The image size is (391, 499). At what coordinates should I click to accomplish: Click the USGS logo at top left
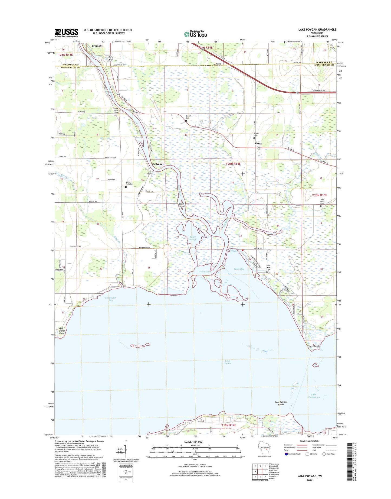point(67,33)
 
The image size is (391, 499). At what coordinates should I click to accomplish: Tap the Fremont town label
point(97,46)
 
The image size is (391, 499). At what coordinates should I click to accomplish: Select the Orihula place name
point(157,164)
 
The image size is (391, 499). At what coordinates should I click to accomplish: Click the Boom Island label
point(182,205)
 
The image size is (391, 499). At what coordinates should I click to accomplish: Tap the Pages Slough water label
point(193,238)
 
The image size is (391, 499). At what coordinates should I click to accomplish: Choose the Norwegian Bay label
point(111,299)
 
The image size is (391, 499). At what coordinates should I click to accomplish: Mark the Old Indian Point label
point(62,331)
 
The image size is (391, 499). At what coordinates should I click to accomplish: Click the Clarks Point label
point(313,346)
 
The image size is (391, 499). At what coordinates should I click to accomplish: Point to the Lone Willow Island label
point(281,403)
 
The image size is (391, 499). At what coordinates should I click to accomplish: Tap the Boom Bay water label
point(239,269)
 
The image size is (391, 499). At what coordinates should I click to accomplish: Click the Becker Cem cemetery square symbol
point(186,121)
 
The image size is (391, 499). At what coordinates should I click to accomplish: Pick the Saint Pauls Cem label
point(129,183)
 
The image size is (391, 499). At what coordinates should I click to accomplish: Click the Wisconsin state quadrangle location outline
point(263,453)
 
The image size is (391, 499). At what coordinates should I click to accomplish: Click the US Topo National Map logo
point(195,34)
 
